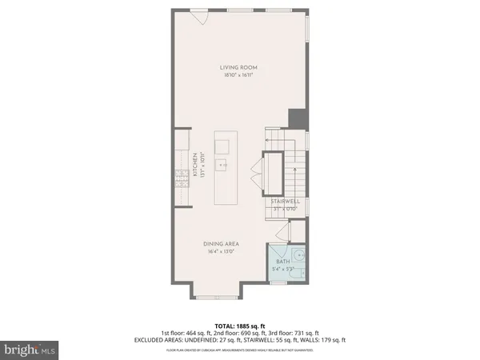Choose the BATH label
coord(283,262)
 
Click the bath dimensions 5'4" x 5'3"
coord(283,270)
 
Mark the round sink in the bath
coord(298,258)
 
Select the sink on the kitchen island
coord(221,146)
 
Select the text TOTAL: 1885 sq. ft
coord(239,325)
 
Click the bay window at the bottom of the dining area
coord(216,297)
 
